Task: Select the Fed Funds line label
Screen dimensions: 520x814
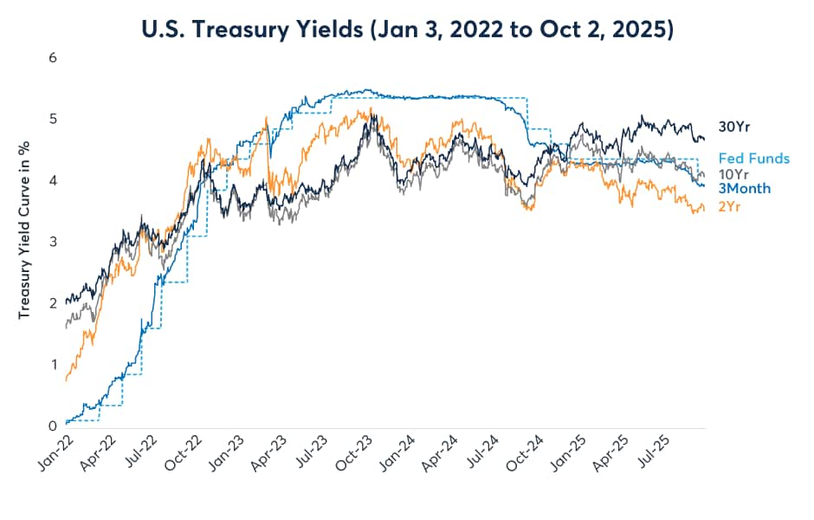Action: pyautogui.click(x=754, y=159)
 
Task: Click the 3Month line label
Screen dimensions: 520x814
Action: pyautogui.click(x=745, y=188)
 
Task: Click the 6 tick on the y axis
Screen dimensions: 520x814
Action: pyautogui.click(x=53, y=58)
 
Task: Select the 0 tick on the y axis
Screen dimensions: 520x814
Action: pyautogui.click(x=53, y=426)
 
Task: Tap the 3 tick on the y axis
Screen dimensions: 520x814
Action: pyautogui.click(x=53, y=242)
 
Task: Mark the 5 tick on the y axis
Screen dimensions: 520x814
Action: pyautogui.click(x=53, y=120)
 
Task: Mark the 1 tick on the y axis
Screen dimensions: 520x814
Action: pyautogui.click(x=53, y=364)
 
